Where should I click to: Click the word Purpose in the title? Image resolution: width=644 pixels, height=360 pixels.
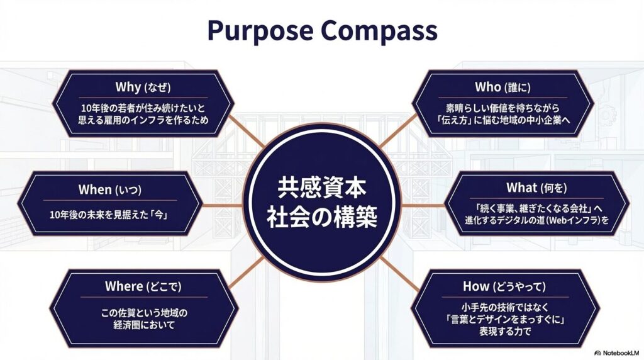click(260, 31)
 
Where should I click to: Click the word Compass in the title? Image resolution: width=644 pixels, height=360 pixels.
click(379, 30)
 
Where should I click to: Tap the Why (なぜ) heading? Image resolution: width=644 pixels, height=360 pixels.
click(143, 87)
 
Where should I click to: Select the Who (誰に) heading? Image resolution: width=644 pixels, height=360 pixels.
click(502, 87)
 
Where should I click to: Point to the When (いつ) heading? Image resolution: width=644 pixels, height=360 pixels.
click(109, 189)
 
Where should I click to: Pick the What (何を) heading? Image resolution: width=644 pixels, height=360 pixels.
click(536, 188)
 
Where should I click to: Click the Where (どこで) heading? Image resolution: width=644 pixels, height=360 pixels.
click(143, 286)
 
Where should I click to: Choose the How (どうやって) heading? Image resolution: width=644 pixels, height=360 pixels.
click(504, 286)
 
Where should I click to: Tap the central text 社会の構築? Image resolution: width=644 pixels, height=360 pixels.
click(321, 217)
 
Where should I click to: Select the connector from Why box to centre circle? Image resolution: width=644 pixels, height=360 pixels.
click(246, 131)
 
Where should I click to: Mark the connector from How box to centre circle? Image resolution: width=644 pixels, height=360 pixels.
click(398, 274)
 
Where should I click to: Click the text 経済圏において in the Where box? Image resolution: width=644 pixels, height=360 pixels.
click(144, 325)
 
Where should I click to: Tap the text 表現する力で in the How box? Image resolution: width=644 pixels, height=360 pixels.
click(505, 331)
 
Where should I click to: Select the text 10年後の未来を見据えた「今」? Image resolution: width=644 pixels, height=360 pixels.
click(109, 215)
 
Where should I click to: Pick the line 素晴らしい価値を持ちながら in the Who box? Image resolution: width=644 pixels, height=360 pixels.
click(502, 108)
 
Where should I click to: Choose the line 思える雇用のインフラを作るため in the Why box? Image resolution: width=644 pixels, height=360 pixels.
click(143, 120)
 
